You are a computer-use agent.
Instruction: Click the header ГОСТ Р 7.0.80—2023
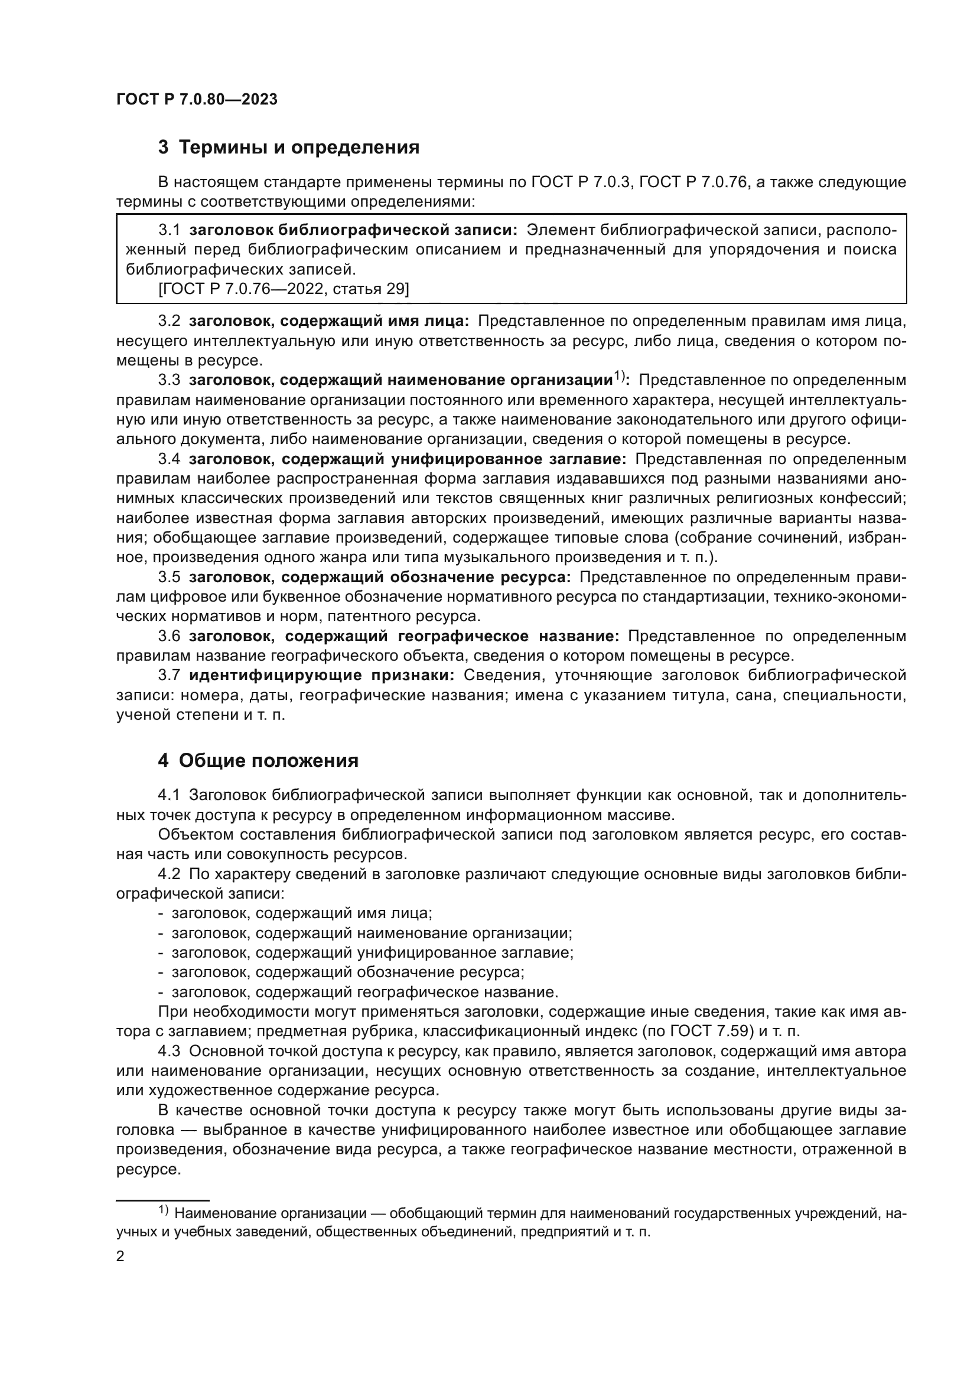[x=197, y=100]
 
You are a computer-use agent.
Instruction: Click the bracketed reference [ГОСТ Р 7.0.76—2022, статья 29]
[x=284, y=289]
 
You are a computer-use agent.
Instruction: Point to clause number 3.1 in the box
[x=169, y=230]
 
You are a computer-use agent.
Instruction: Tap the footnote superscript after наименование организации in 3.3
[x=620, y=377]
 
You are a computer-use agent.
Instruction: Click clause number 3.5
[x=169, y=577]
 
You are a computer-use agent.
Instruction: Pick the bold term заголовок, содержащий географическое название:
[x=403, y=636]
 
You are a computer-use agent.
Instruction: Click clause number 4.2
[x=169, y=874]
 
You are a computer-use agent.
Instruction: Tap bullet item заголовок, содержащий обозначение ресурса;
[x=349, y=972]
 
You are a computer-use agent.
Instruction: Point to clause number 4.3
[x=169, y=1052]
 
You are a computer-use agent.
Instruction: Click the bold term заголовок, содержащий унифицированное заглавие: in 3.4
[x=408, y=459]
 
